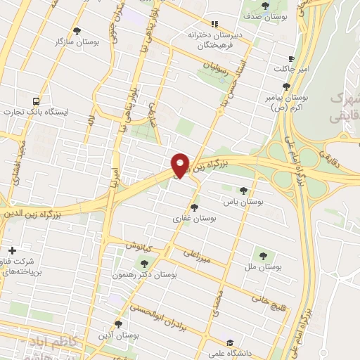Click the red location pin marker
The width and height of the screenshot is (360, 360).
(181, 165)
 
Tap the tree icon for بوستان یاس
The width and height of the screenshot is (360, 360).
(243, 191)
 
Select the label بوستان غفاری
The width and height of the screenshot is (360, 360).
(194, 219)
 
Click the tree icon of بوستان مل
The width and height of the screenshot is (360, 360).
(264, 255)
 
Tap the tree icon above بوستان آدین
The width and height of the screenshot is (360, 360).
(117, 324)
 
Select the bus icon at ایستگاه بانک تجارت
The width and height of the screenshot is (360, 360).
(36, 101)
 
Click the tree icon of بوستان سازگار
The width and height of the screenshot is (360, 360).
(77, 31)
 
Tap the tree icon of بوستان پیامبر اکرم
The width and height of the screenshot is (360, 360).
(285, 86)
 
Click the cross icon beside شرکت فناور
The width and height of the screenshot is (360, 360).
(12, 250)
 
